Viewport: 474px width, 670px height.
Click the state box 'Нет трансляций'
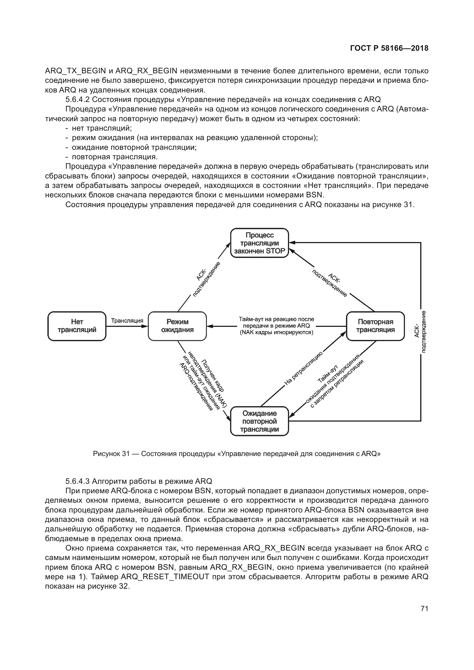(x=77, y=326)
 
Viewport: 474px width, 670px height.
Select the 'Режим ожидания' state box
(x=177, y=326)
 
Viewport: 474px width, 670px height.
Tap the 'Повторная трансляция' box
(x=375, y=326)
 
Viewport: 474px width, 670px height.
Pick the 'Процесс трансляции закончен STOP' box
(x=259, y=243)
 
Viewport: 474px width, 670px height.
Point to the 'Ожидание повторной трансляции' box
(x=259, y=421)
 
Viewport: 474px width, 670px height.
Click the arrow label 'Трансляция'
(x=127, y=321)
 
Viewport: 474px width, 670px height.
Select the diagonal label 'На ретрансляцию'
(x=303, y=368)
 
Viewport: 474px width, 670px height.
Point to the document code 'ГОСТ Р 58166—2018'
(x=389, y=48)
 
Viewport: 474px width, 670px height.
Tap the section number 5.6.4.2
(x=77, y=99)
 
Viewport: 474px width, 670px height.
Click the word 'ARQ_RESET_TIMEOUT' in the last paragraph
(x=165, y=577)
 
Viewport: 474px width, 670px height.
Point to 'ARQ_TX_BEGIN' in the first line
(x=75, y=71)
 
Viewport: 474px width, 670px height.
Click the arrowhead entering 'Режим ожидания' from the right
(x=209, y=326)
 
